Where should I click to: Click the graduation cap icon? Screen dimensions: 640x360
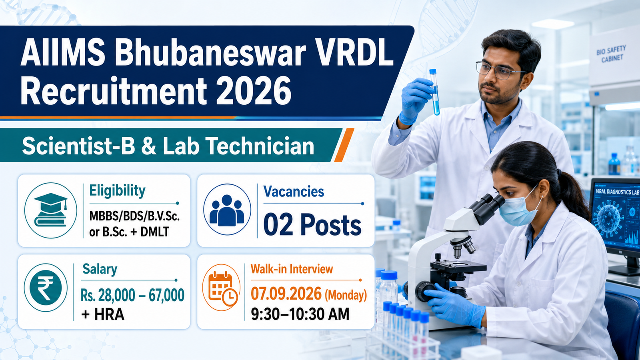coord(50,210)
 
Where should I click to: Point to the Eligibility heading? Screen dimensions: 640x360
coord(118,191)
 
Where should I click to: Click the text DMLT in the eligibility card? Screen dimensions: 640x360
coord(155,232)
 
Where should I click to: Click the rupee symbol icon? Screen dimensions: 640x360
coord(46,288)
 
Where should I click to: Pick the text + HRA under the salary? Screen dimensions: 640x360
coord(102,314)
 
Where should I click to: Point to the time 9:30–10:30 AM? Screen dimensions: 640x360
coord(300,314)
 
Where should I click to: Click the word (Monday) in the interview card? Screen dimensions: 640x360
coord(346,295)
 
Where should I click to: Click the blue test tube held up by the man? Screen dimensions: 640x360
coord(434,92)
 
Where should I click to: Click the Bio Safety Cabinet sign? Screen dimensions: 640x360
coord(611,54)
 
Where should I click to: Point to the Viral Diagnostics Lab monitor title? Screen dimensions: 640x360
coord(617,192)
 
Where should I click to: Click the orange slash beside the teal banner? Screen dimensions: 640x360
coord(344,145)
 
